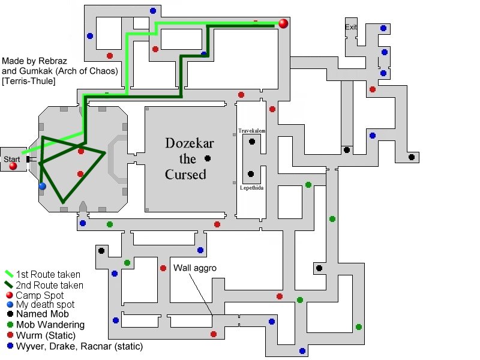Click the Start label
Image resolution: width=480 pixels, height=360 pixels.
click(11, 159)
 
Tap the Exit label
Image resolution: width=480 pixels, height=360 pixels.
click(351, 27)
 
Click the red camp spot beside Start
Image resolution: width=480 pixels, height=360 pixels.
click(13, 166)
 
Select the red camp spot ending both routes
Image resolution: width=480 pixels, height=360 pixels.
click(283, 23)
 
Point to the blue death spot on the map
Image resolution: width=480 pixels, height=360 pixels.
click(42, 186)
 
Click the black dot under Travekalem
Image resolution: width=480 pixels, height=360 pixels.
click(251, 142)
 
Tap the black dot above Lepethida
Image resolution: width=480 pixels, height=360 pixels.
click(250, 174)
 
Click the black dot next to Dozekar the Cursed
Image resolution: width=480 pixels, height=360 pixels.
click(208, 158)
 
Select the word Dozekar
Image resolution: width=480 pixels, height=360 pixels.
click(190, 143)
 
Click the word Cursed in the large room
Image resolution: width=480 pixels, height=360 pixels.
click(185, 175)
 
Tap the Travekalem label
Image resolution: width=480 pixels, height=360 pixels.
click(251, 131)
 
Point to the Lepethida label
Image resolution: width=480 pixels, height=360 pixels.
click(251, 188)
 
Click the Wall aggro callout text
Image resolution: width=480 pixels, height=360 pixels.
click(194, 268)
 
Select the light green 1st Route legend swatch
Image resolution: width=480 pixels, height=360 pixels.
click(9, 274)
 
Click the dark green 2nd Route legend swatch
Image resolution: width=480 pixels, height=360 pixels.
click(9, 284)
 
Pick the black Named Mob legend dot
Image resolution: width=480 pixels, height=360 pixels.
click(10, 314)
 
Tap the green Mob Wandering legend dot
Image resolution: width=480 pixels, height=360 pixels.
click(10, 325)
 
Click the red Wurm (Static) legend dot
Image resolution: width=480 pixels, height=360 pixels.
click(10, 335)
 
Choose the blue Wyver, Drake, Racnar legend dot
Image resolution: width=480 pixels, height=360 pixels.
click(10, 346)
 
